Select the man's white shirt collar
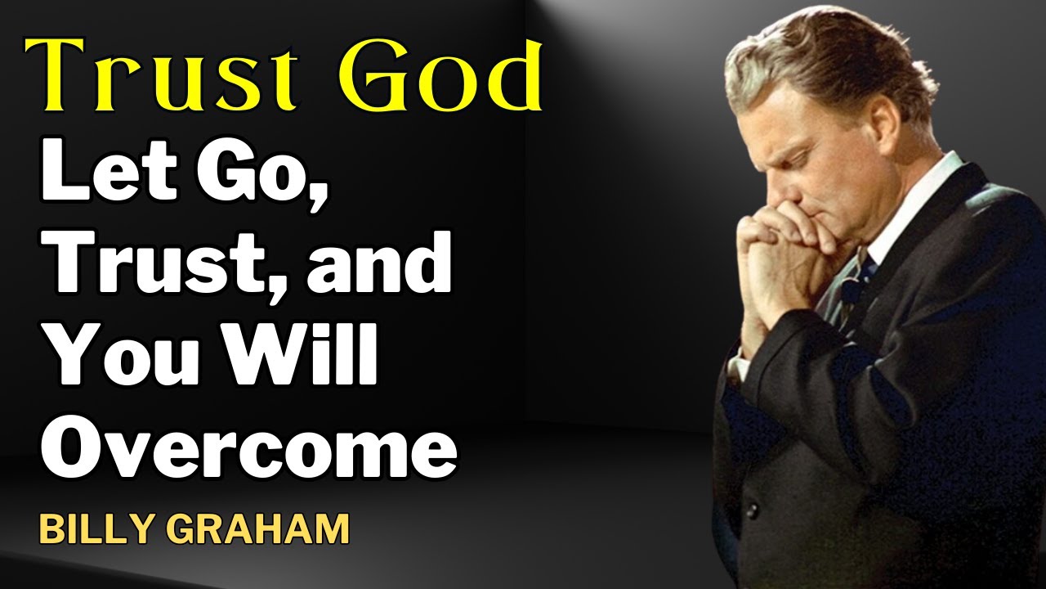coord(923,196)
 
